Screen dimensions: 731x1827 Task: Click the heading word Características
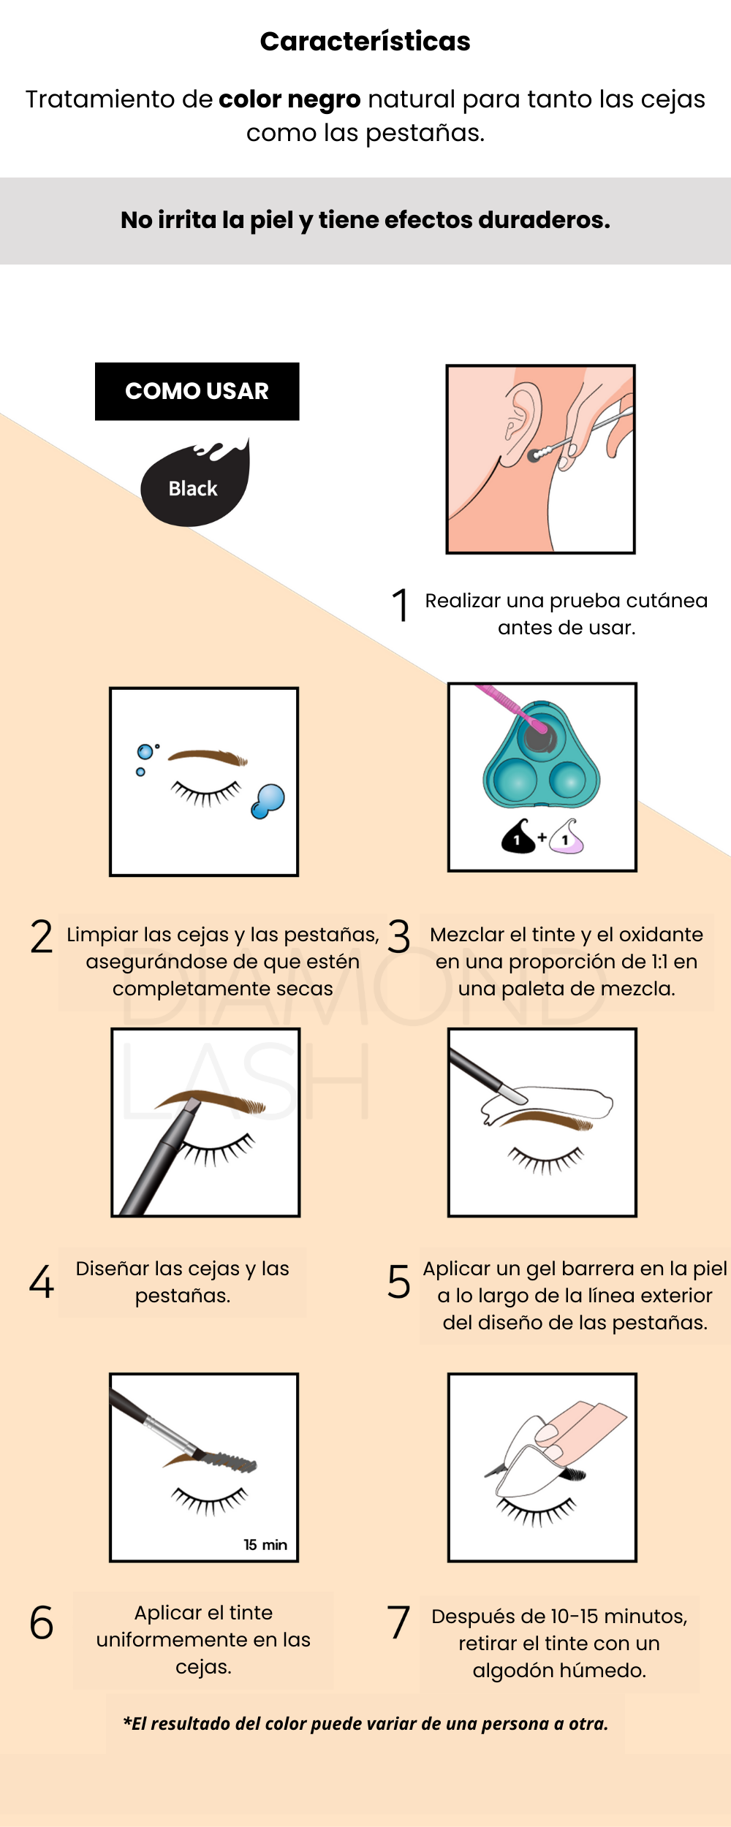365,42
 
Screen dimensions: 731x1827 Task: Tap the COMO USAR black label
197,391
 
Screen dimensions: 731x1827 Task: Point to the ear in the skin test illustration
522,424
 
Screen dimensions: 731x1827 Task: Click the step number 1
400,605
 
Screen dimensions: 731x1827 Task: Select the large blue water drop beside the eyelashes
268,801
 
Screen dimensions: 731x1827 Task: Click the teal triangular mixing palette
542,756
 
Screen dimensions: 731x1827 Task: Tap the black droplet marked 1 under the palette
518,837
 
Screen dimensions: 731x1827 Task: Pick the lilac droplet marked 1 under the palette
567,837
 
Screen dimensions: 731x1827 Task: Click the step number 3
399,936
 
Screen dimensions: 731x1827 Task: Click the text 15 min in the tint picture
265,1544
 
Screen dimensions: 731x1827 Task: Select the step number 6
42,1622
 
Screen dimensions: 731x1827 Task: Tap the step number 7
398,1622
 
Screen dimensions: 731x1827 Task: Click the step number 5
399,1283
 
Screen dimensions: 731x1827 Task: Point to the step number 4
42,1283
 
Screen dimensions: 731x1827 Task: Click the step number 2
42,936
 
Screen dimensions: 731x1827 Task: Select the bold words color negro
289,99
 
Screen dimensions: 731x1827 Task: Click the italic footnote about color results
365,1723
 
